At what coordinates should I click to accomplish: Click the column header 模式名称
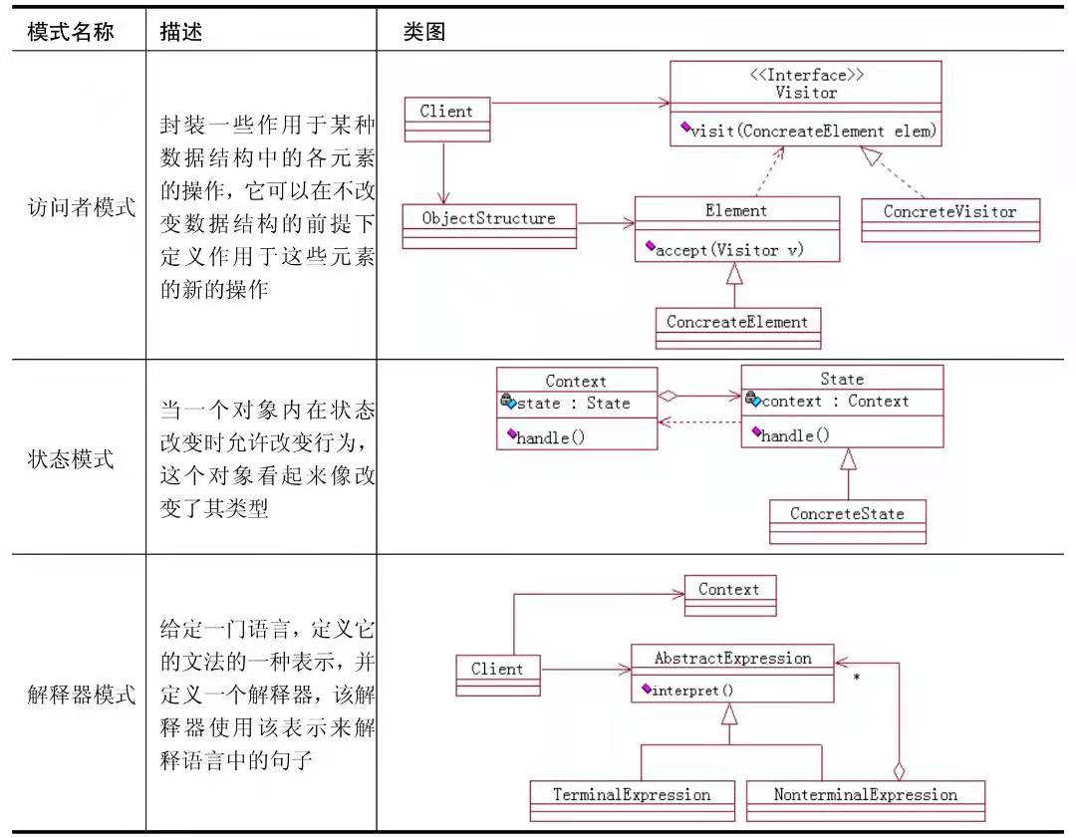(70, 32)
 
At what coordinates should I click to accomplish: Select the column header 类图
(423, 32)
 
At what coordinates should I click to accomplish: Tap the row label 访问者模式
(82, 208)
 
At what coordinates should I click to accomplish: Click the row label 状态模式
(70, 459)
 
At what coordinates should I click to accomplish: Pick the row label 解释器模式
(82, 695)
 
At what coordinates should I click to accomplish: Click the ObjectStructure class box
(488, 225)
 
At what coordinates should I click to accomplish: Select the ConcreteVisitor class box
(949, 219)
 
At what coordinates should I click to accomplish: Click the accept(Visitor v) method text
(728, 250)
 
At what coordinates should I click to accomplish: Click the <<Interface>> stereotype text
(805, 76)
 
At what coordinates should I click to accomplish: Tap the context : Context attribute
(834, 402)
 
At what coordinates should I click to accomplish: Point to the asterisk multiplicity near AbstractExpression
(856, 679)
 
